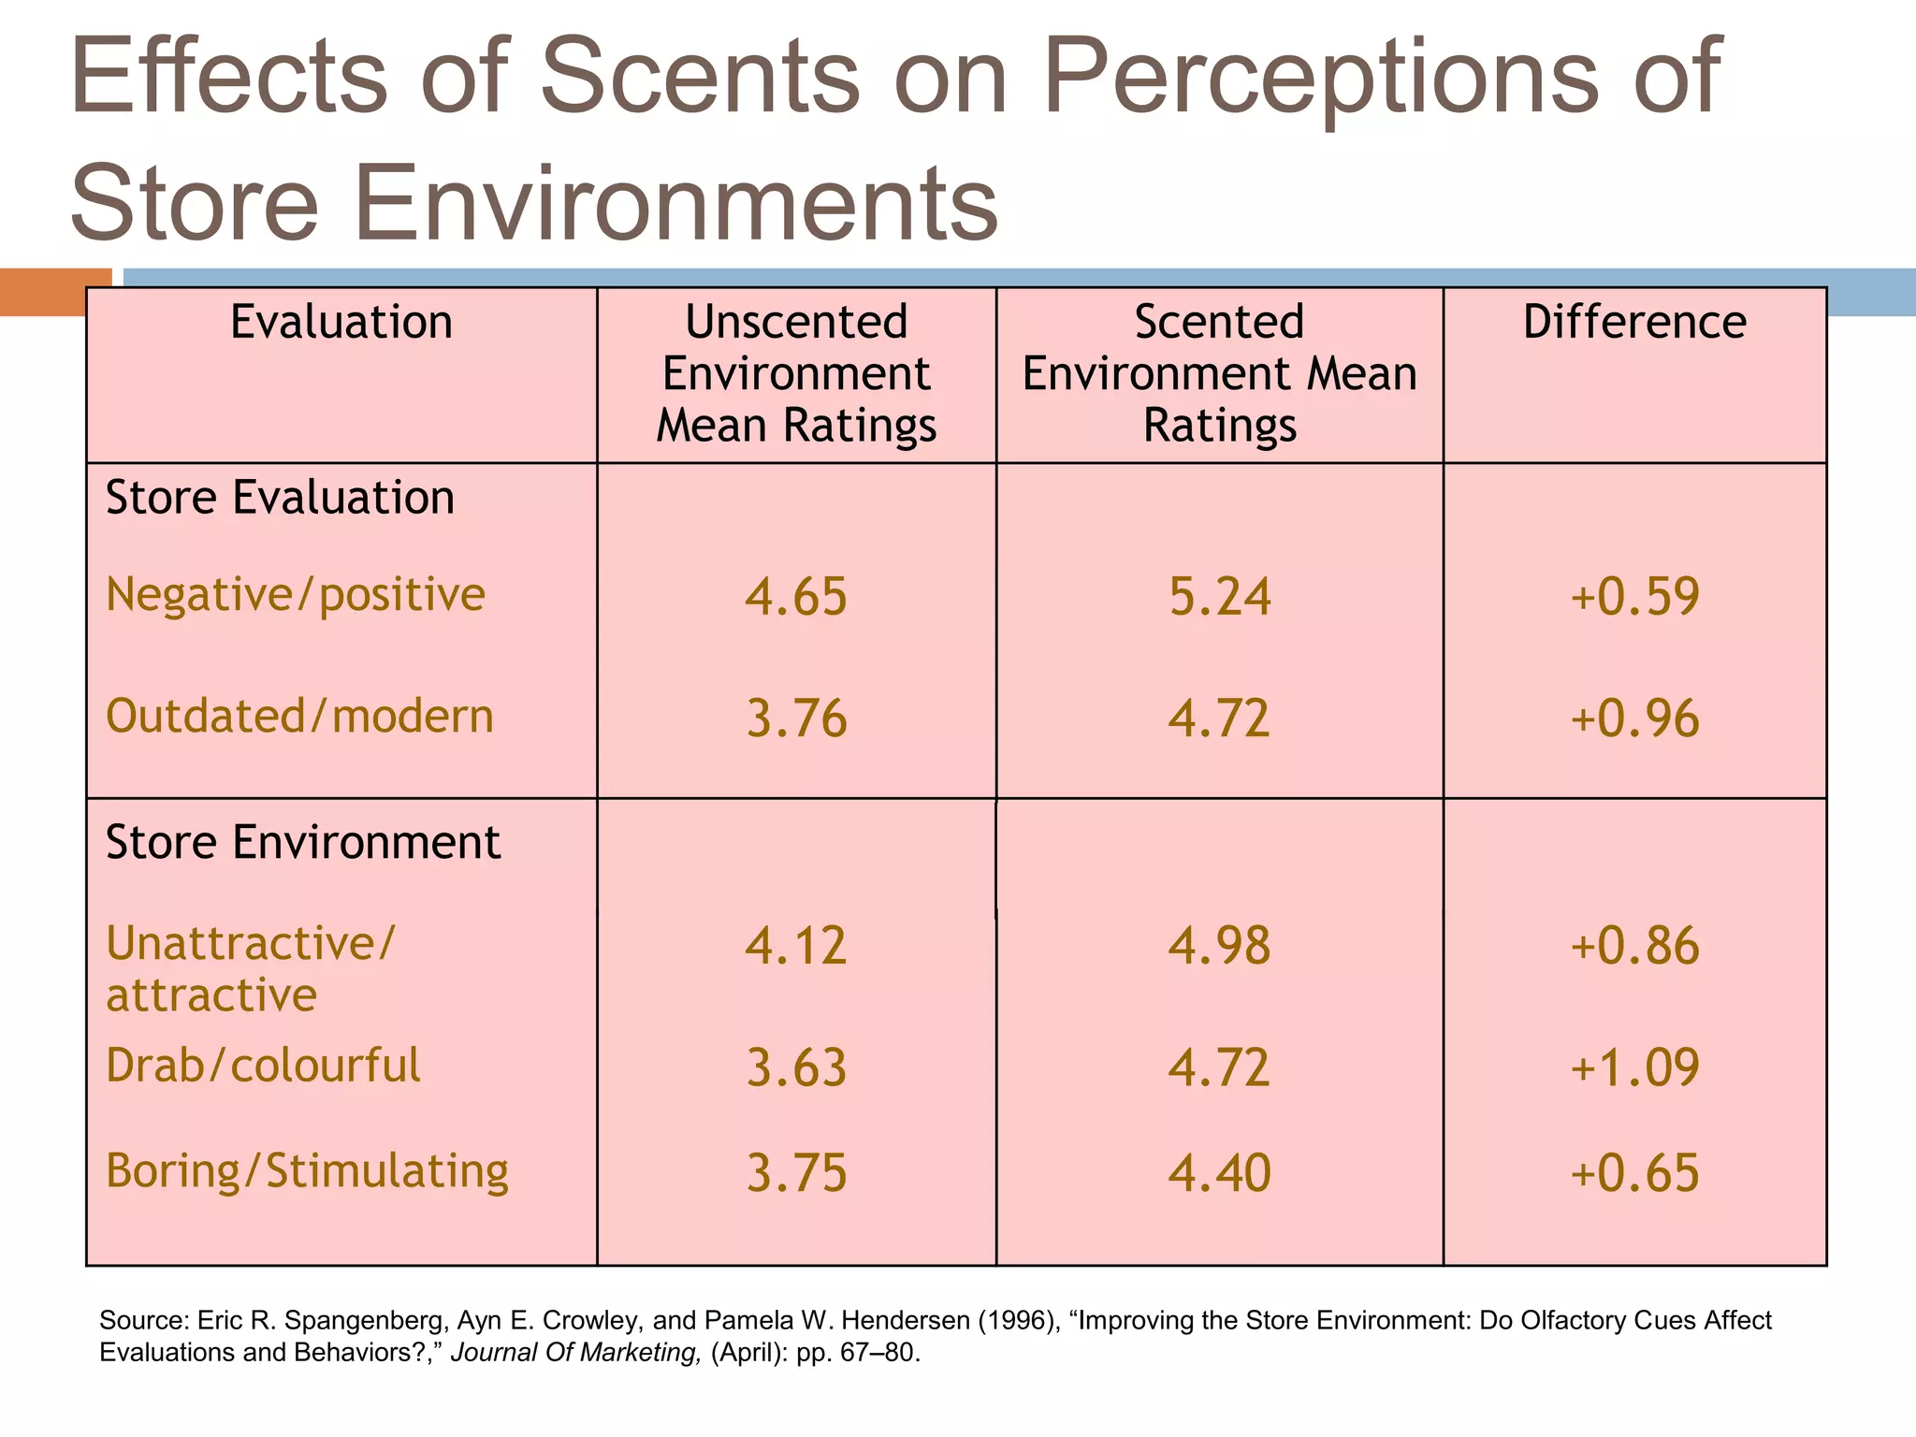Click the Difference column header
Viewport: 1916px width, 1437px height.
[x=1633, y=323]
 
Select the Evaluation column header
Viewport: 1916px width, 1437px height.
[x=341, y=323]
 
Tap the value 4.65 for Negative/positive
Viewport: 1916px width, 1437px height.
[x=796, y=597]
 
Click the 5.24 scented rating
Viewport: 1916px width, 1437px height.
[x=1219, y=597]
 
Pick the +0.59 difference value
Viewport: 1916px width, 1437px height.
[x=1633, y=597]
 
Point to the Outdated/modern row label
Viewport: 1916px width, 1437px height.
[x=299, y=717]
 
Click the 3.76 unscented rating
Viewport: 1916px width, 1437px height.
[x=796, y=719]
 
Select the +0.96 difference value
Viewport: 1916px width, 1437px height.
[x=1633, y=719]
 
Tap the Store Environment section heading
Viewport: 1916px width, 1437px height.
[x=303, y=842]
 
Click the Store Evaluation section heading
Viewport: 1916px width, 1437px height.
[x=280, y=498]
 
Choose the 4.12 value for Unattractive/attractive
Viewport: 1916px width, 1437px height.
[x=796, y=946]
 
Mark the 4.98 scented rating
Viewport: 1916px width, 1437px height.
[x=1219, y=946]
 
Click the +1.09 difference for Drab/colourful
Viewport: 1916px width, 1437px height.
[x=1633, y=1068]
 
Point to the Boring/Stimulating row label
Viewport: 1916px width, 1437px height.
[x=307, y=1171]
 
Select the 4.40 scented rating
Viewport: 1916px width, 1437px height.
[x=1219, y=1173]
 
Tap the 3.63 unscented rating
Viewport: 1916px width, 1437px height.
[x=796, y=1068]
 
